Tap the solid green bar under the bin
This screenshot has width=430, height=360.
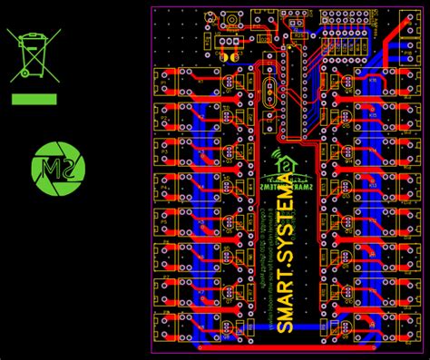coord(34,99)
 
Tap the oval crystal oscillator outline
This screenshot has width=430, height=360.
coord(269,94)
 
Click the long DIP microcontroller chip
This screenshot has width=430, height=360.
coord(292,91)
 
